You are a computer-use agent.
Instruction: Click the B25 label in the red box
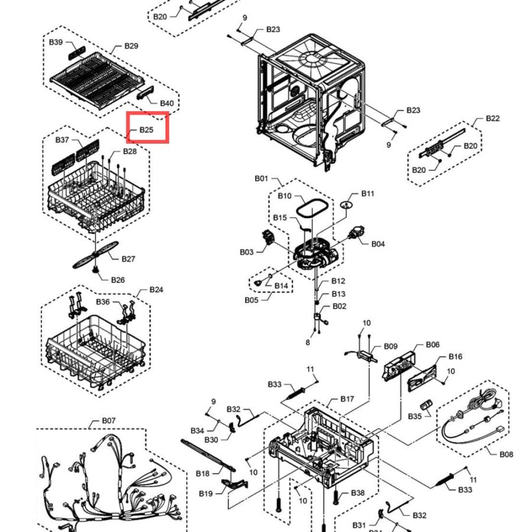point(146,129)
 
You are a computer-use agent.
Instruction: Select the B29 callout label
point(131,46)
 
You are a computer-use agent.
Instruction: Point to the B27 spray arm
point(96,254)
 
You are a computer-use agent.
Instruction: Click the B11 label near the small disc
point(368,193)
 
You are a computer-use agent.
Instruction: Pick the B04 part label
point(378,244)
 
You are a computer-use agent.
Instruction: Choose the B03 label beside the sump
point(246,252)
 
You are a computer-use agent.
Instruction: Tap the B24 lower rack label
point(156,290)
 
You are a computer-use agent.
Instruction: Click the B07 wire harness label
point(109,420)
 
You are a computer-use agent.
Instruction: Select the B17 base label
point(347,399)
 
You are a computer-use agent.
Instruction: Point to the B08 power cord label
point(506,455)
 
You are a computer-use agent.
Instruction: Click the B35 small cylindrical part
point(426,404)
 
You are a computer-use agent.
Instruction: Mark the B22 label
point(492,118)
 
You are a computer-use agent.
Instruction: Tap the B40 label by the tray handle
point(167,103)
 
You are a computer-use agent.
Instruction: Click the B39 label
point(56,42)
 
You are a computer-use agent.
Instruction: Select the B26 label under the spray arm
point(118,280)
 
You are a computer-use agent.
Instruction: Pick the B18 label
point(203,473)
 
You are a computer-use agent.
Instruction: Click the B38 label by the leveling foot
point(358,492)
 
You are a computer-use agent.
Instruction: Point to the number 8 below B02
point(308,342)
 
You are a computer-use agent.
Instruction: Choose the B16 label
point(455,356)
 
